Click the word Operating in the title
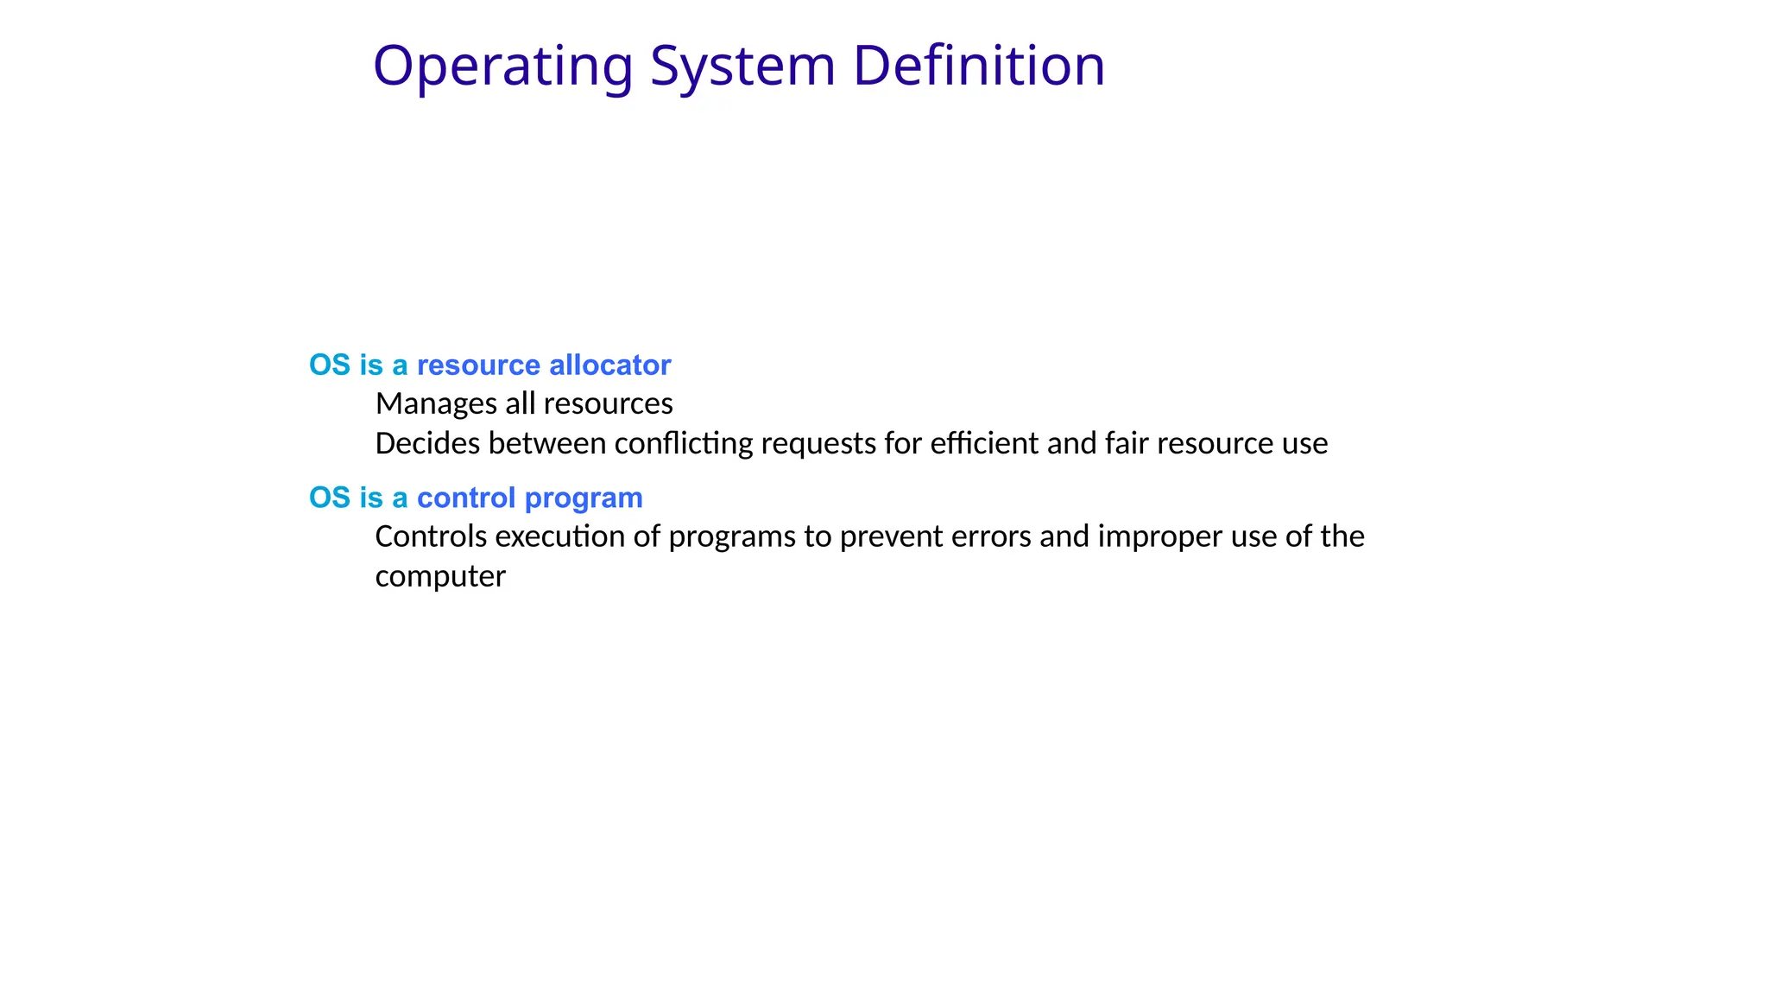tap(502, 67)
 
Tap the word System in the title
tap(742, 67)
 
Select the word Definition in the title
tap(978, 67)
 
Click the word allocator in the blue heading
tap(609, 365)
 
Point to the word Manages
tap(436, 403)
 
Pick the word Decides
tap(427, 443)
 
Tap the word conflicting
tap(684, 443)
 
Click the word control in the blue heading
tap(466, 498)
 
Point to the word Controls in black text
tap(431, 536)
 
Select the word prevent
tap(891, 536)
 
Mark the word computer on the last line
tap(440, 576)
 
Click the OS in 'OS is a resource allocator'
tap(330, 365)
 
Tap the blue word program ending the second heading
tap(584, 498)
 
